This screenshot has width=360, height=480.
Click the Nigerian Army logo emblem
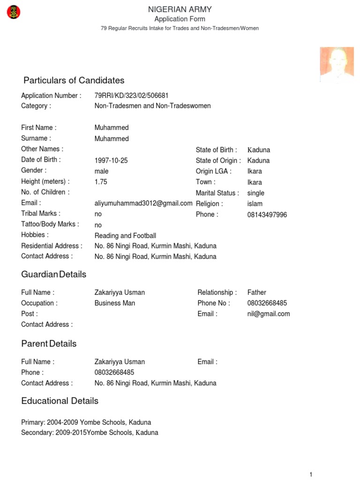(13, 12)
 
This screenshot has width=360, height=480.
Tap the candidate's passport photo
(337, 65)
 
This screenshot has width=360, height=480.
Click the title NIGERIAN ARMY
(180, 9)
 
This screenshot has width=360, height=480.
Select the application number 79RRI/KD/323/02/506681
(131, 96)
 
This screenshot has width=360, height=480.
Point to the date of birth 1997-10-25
(111, 160)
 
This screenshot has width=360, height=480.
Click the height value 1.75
(101, 182)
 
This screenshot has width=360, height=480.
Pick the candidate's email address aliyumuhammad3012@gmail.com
(143, 203)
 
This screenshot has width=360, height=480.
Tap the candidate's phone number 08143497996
(267, 215)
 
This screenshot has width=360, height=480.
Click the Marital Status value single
(256, 193)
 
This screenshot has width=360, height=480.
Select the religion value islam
(255, 204)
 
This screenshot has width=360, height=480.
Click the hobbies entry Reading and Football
(125, 236)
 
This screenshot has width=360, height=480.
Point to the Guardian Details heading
(54, 275)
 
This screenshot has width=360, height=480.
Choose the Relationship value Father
(257, 292)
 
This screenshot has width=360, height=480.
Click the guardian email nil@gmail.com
(269, 314)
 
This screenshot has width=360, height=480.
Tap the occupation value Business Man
(115, 303)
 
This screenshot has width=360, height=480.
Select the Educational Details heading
(60, 401)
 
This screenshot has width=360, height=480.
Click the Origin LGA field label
(214, 171)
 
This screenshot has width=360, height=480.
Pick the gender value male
(102, 171)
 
